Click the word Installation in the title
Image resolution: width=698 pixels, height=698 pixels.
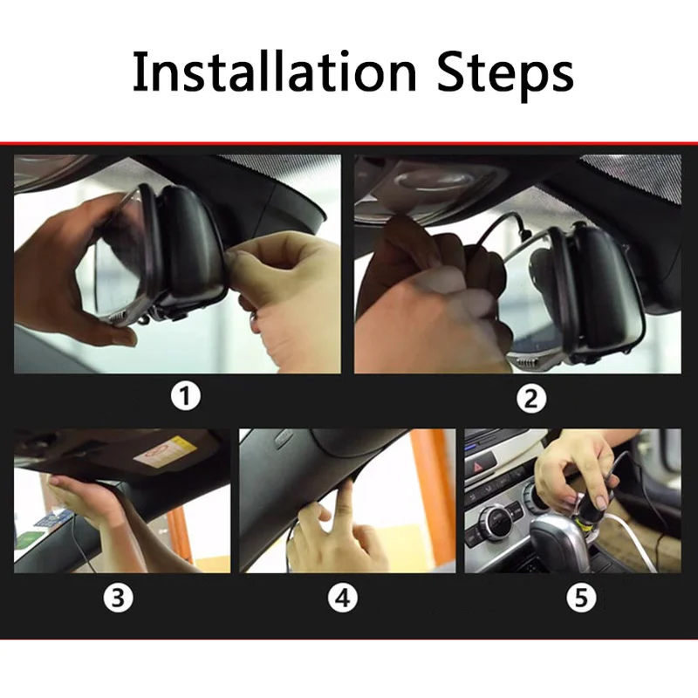pyautogui.click(x=274, y=72)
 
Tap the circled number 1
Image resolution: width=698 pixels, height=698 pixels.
pyautogui.click(x=186, y=396)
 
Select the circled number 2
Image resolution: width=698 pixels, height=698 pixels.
pyautogui.click(x=531, y=398)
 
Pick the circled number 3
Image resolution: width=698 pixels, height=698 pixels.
pyautogui.click(x=118, y=598)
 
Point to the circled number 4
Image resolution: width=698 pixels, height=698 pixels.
pyautogui.click(x=342, y=598)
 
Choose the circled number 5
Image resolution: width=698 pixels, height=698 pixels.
pyautogui.click(x=581, y=597)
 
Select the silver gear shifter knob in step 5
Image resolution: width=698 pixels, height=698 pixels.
pyautogui.click(x=557, y=541)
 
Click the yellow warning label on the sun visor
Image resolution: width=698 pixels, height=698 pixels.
pyautogui.click(x=181, y=447)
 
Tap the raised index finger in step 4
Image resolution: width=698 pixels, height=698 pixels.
pyautogui.click(x=345, y=497)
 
